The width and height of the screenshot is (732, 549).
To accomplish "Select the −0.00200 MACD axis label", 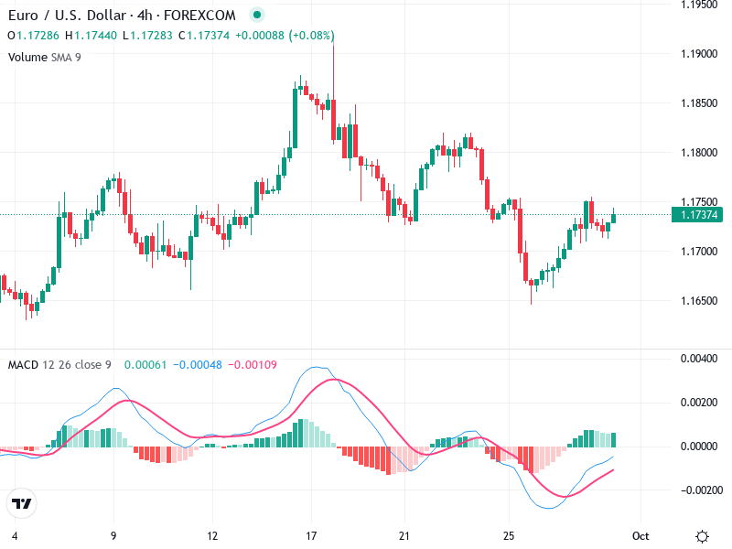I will [x=697, y=490].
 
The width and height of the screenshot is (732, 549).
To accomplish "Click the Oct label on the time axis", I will [x=641, y=536].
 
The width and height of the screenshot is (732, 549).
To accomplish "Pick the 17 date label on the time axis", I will [x=311, y=536].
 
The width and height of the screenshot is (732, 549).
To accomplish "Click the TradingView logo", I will [x=22, y=503].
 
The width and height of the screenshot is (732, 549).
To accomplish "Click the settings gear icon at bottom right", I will [x=702, y=536].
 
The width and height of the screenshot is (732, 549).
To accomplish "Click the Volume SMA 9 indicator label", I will [x=45, y=57].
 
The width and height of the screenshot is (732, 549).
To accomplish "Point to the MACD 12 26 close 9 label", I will [x=59, y=365].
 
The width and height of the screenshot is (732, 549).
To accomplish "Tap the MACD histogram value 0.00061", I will [x=141, y=365].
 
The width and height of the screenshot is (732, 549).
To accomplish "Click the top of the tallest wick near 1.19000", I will [x=333, y=44].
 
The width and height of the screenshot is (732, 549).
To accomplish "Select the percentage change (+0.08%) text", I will [x=311, y=36].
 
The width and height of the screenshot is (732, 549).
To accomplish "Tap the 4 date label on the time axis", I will [x=15, y=536].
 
